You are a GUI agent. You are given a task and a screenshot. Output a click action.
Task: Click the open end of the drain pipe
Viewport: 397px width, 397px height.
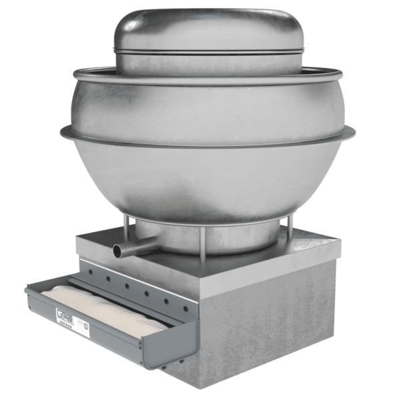click(x=117, y=251)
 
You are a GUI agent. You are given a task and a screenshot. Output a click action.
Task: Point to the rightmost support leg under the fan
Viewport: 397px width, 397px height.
click(x=289, y=230)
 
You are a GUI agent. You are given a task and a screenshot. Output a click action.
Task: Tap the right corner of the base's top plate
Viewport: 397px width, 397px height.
click(x=338, y=240)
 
